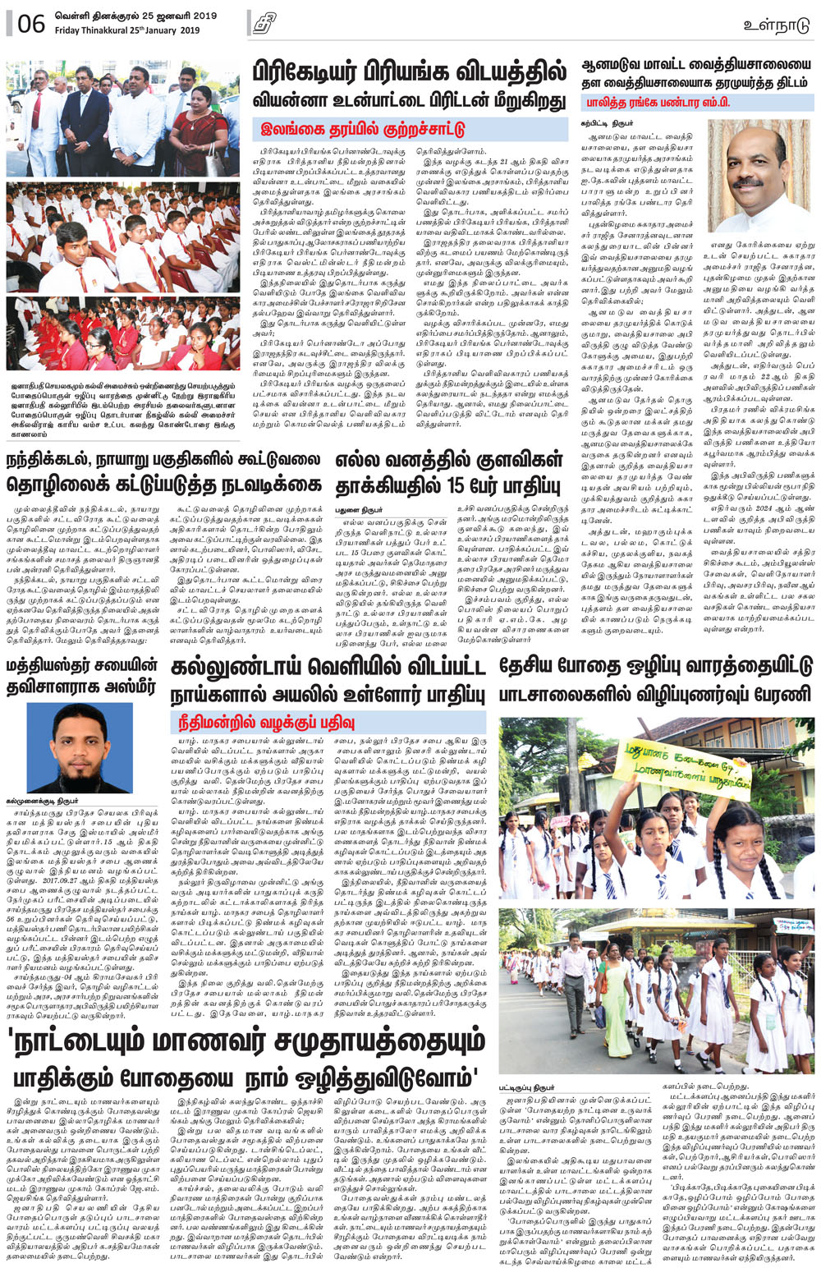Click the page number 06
click(x=30, y=23)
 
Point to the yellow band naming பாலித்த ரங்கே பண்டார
click(x=646, y=103)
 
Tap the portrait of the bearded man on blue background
click(x=80, y=748)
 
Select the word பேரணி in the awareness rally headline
click(x=779, y=694)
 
